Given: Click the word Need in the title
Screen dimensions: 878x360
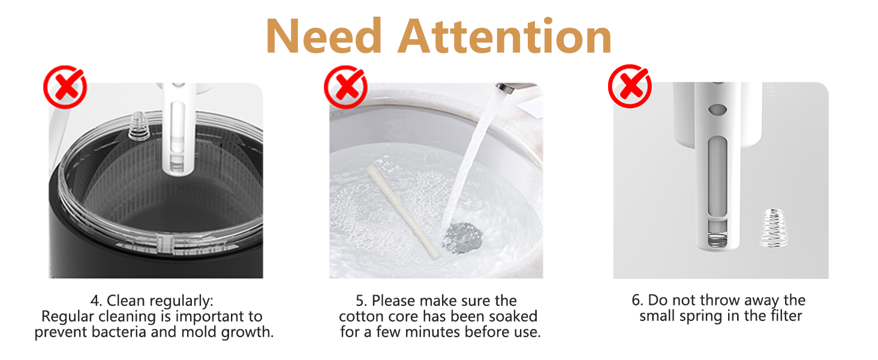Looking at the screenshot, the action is [323, 36].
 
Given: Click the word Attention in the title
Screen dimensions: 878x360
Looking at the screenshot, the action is [504, 36].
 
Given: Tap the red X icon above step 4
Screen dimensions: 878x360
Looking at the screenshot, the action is [65, 87].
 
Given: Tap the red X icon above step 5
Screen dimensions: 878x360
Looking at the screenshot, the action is [345, 87].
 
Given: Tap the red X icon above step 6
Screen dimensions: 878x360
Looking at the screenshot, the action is [630, 86].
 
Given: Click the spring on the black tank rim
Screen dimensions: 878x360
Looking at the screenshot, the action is [139, 125].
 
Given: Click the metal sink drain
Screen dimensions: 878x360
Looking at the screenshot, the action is [462, 236].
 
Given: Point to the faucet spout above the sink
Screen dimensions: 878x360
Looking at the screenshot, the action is [507, 88].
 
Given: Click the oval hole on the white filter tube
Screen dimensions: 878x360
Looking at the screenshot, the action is [718, 109].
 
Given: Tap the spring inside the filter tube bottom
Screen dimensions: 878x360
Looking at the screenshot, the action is [718, 240].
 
